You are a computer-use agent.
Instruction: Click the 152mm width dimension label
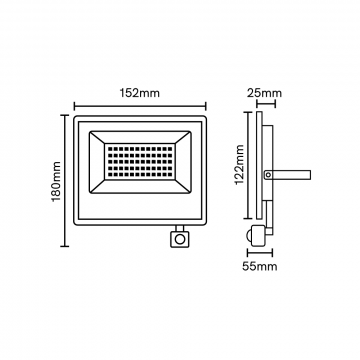click(x=140, y=93)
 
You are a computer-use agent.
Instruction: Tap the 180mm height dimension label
click(x=56, y=181)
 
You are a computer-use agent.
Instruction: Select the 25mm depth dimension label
click(x=264, y=93)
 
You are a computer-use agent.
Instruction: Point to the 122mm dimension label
click(x=240, y=165)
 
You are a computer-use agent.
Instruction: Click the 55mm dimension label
click(x=260, y=267)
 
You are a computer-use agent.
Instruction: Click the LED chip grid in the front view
click(x=140, y=161)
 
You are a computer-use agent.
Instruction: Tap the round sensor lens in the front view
click(x=180, y=239)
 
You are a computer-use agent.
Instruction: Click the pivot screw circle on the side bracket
click(x=268, y=174)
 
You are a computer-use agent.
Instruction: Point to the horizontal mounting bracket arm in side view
click(x=287, y=174)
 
